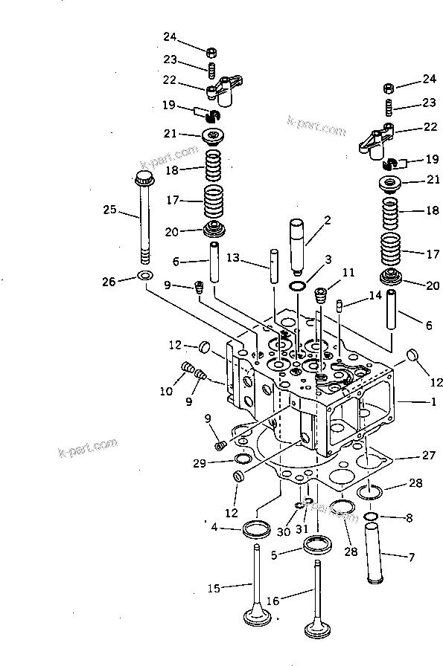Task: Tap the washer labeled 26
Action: coord(146,278)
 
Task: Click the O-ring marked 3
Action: coord(296,286)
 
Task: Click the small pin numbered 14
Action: coord(340,304)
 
